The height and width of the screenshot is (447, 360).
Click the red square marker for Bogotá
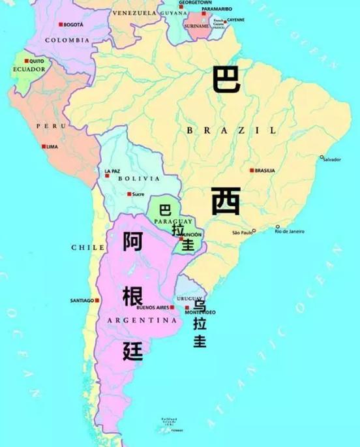(x=61, y=24)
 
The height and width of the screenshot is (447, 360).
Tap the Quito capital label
(x=37, y=61)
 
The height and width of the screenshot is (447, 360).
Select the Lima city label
(x=53, y=147)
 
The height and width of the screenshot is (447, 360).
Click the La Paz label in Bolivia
(x=112, y=171)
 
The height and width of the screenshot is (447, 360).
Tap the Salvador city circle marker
(x=322, y=157)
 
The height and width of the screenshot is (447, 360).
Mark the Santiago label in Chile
(x=82, y=300)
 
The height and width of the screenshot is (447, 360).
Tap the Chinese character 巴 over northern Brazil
(x=226, y=80)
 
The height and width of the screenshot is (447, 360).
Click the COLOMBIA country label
(x=67, y=40)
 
